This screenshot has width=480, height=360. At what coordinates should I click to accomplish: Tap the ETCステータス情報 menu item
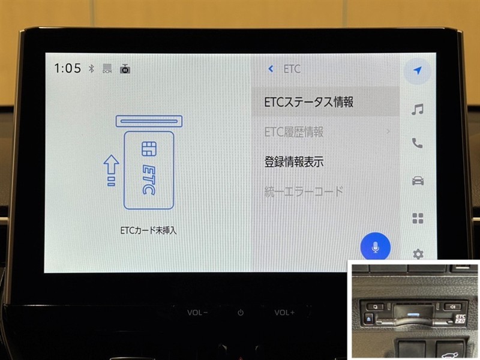coord(308,102)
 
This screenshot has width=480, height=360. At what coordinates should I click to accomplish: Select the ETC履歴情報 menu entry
coord(294,132)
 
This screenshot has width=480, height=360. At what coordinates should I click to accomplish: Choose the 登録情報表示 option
coord(294,161)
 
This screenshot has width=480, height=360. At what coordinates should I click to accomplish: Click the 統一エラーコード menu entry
coord(304,191)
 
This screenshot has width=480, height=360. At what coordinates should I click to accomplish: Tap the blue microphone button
coord(376,247)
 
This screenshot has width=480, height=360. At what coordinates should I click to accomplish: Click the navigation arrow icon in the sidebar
coord(417,70)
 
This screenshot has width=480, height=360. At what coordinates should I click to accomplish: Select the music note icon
coord(418,109)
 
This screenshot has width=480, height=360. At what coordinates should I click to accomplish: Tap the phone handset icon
coord(417,143)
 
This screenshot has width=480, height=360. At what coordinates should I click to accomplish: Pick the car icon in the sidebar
coord(418,181)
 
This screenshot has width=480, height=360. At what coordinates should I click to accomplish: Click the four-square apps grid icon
coord(418,218)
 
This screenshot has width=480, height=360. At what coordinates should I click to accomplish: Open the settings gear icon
coord(418,254)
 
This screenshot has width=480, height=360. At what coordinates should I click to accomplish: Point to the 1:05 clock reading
coord(67,68)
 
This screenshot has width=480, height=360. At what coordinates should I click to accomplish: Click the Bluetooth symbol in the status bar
coord(91,68)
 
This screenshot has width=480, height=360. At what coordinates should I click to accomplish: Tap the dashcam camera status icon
coord(125,69)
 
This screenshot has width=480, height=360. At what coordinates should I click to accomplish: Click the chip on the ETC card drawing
coord(149,149)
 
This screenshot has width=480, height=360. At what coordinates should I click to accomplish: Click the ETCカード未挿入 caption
coord(148,230)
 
